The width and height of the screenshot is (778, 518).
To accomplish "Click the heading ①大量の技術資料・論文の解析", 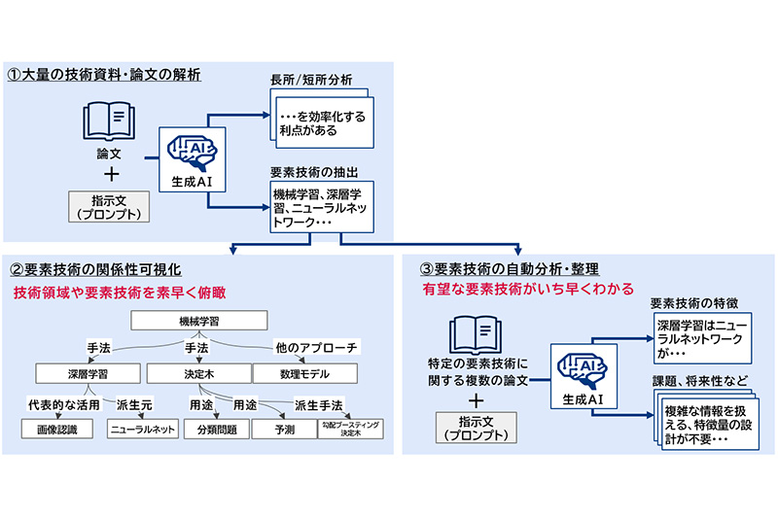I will coord(104,74).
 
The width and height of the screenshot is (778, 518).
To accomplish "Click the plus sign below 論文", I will coord(109,175).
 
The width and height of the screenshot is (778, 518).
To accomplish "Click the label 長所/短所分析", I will coord(311,79).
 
